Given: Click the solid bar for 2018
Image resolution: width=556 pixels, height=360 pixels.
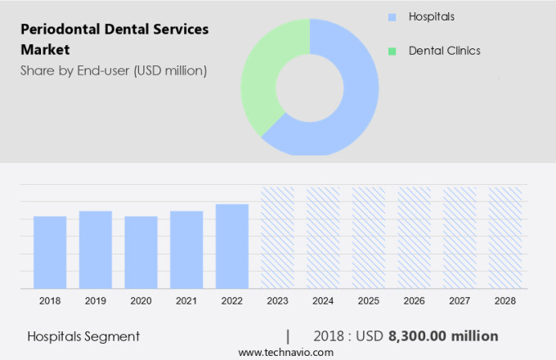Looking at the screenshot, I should pos(50,252).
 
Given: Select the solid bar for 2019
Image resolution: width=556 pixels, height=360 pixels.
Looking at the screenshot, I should pos(96,250).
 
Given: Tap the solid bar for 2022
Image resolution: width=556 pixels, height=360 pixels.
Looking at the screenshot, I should pos(232,245).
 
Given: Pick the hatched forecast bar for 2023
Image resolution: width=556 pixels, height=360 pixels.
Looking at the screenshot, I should pos(277,237).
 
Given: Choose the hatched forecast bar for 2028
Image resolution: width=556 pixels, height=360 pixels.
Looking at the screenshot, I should pos(504,237).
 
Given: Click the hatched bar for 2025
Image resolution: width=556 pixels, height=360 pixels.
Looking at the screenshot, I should pos(368,237).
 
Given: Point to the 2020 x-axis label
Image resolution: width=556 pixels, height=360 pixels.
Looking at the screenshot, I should pos(141,301).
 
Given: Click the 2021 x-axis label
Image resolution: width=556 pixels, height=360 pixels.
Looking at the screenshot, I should pos(186,301).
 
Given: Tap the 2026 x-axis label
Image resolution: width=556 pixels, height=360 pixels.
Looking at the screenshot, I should pos(414,301).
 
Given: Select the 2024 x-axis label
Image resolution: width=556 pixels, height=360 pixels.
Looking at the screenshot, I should pos(323,301).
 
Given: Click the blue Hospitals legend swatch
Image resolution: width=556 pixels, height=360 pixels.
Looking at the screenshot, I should pos(392,17).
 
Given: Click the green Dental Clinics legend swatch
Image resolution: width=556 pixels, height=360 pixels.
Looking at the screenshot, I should pos(392,51).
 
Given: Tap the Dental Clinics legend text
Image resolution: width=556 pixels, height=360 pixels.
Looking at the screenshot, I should pos(444,51).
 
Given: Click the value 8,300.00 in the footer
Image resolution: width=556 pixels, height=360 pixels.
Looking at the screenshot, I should pos(432,335).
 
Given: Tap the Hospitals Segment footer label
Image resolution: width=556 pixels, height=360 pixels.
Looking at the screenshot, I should pos(83,336).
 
